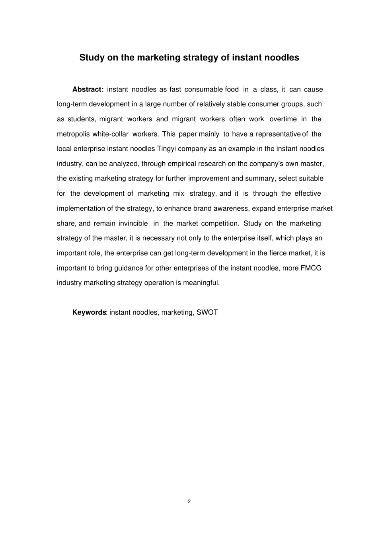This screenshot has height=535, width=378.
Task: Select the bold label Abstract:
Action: click(88, 89)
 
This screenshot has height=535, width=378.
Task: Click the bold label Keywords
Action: click(89, 312)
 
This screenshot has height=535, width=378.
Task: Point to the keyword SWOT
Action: click(207, 312)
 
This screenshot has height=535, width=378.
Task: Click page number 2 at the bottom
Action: click(189, 501)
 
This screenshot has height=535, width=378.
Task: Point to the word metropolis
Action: click(73, 134)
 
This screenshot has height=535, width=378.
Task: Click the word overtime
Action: click(283, 119)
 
